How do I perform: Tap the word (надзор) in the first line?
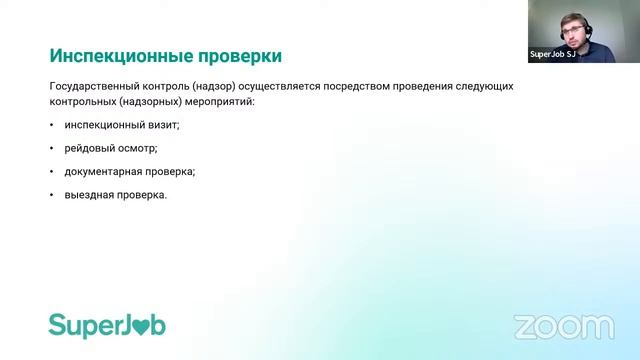click(x=212, y=87)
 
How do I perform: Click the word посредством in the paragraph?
click(x=370, y=87)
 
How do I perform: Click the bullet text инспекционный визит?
click(x=122, y=125)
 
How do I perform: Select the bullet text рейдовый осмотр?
click(x=111, y=148)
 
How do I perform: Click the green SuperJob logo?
click(x=107, y=325)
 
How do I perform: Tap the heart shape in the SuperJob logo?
click(x=140, y=327)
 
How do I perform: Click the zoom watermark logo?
click(x=564, y=327)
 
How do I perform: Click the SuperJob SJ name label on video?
click(x=551, y=56)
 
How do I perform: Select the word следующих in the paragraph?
click(x=487, y=87)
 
